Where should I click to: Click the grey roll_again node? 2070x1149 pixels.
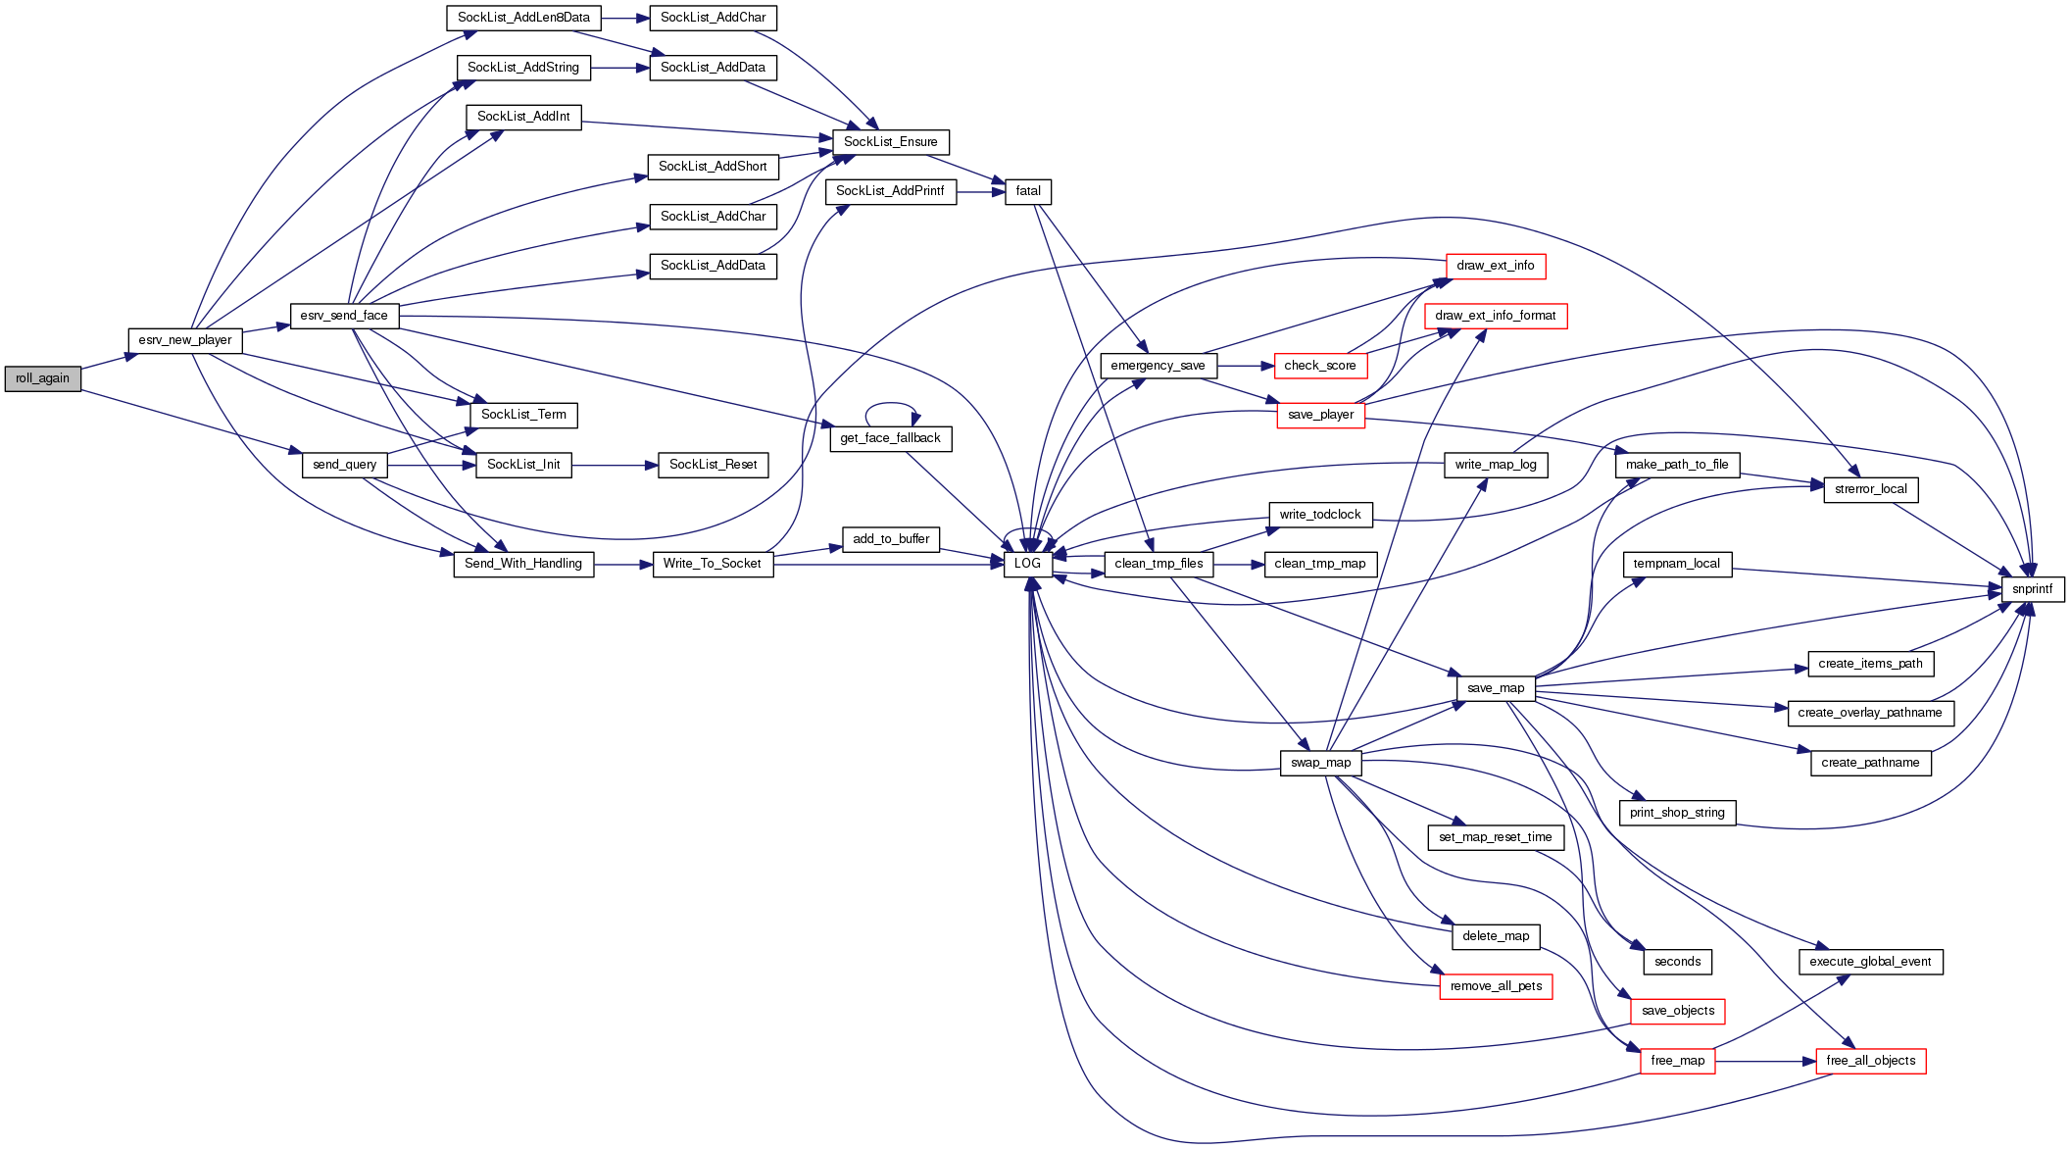42,378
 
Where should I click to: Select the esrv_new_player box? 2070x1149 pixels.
185,340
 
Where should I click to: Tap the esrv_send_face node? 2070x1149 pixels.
344,316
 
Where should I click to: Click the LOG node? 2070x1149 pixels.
1027,564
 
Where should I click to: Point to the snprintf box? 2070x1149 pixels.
2032,589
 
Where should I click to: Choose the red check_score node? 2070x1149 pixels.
1319,366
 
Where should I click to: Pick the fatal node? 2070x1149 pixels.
1028,191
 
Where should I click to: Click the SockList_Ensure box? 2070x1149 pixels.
890,142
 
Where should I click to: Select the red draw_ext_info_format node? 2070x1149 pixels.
1495,316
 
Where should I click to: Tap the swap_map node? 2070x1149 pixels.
1320,763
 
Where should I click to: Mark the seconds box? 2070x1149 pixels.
1677,962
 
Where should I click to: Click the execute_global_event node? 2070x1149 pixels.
1870,962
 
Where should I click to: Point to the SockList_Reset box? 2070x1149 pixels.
713,465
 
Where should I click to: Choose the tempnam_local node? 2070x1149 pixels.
1676,564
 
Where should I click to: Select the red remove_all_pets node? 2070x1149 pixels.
1496,986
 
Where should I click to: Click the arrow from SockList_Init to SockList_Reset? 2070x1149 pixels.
615,465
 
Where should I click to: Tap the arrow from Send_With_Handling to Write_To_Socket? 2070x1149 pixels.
623,565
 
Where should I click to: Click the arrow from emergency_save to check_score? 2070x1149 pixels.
1246,366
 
